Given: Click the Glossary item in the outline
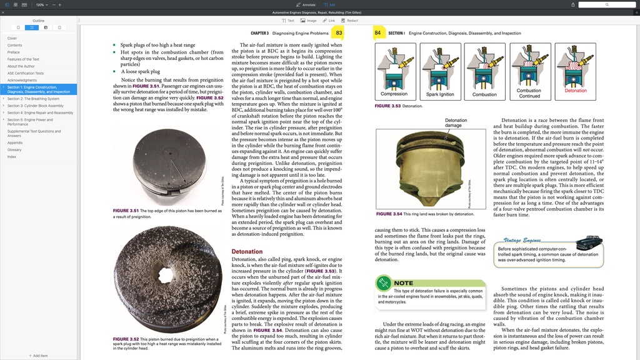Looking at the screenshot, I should pos(14,150).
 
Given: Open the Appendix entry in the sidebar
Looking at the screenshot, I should pos(15,143).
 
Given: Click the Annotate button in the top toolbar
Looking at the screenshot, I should pos(306,4).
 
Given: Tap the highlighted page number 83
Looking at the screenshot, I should pos(339,32).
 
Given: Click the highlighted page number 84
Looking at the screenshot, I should pos(377,32).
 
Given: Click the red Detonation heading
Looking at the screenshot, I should pos(247,252).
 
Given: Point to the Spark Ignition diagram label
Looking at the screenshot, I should pos(440,94).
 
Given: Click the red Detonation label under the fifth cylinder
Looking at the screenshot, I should pos(575,91).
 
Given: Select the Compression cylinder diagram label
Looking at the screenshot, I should pos(394,94).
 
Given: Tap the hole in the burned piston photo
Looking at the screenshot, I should pos(167,274).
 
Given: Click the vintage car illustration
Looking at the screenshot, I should pos(588,242).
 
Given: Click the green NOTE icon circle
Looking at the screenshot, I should pos(384,283).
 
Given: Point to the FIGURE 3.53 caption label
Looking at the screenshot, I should pos(387,106).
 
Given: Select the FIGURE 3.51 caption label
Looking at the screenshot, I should pos(126,211).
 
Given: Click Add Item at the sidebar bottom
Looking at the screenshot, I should pos(38,356).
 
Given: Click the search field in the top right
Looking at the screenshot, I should pos(606,4).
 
